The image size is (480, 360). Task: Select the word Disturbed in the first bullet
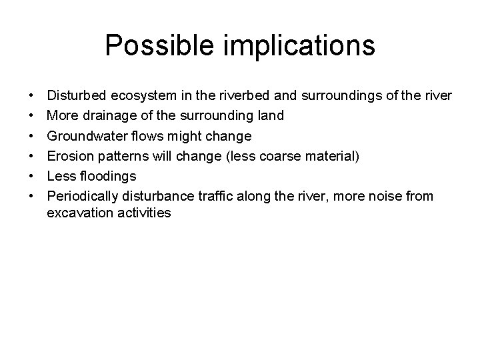[75, 96]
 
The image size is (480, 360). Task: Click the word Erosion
[69, 156]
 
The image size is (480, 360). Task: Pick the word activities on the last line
[142, 213]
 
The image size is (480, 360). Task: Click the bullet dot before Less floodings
[33, 177]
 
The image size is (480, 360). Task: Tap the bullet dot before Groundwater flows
[33, 137]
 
